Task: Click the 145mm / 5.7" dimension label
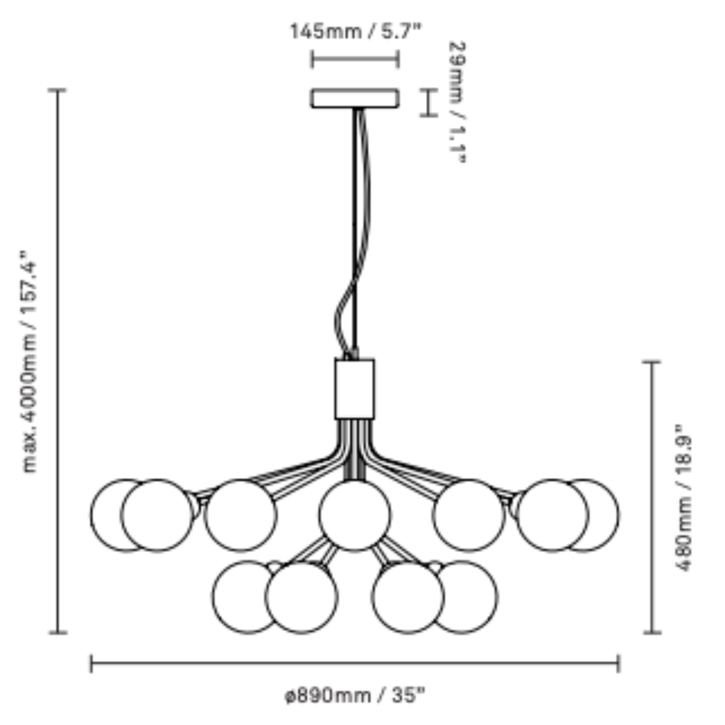click(355, 32)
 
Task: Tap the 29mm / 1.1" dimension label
click(457, 102)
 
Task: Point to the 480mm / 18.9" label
click(682, 498)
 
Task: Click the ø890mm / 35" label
click(355, 695)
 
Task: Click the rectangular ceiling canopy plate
click(355, 98)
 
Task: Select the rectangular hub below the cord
click(355, 389)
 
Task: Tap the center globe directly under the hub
click(355, 515)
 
